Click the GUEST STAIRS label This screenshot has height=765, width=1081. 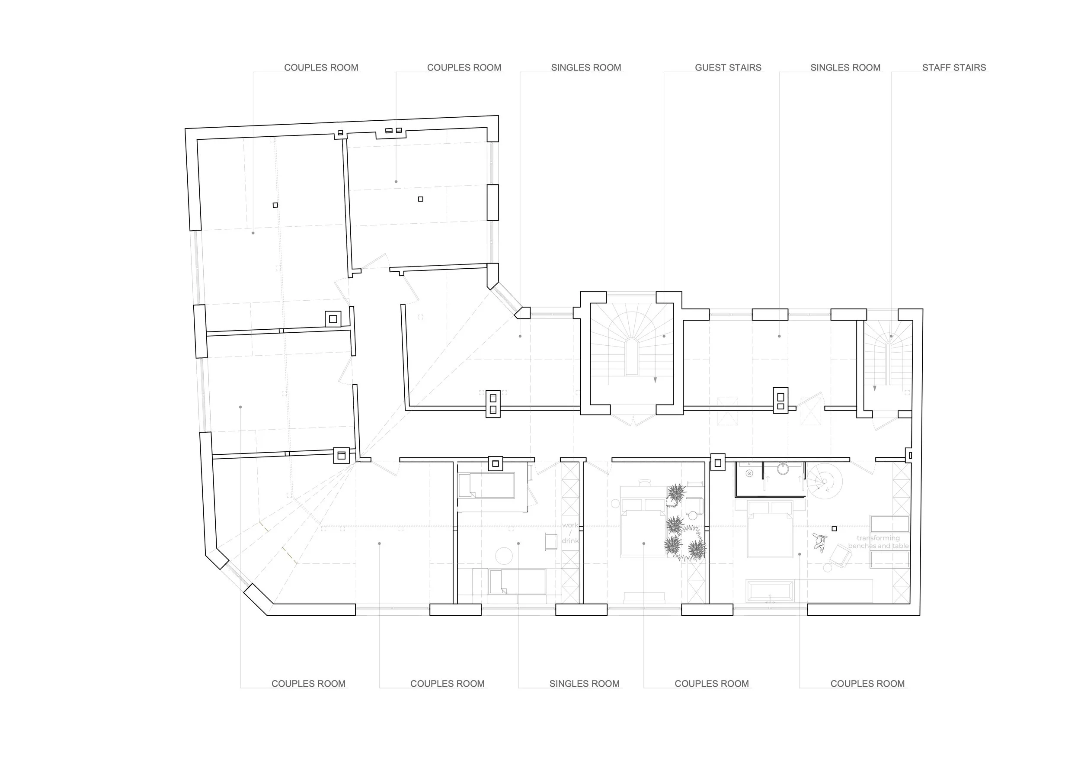(x=728, y=67)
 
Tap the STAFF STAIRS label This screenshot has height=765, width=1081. (x=954, y=67)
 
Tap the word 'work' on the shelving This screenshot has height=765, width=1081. (x=570, y=525)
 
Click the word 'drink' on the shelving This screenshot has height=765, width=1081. (x=570, y=541)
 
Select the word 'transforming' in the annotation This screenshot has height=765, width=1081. (x=878, y=538)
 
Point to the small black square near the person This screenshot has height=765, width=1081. (x=834, y=528)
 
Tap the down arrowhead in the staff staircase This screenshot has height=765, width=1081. (x=875, y=389)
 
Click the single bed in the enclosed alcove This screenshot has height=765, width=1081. (x=486, y=485)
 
